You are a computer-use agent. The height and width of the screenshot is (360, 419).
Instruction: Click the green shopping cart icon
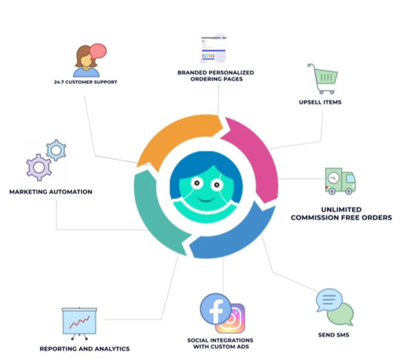[323, 79]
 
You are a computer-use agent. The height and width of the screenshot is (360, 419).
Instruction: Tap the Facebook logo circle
[216, 309]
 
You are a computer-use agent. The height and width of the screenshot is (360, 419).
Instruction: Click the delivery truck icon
[340, 181]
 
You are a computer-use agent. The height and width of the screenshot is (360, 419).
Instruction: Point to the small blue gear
[56, 150]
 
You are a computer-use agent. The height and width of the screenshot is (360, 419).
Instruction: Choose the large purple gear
[39, 168]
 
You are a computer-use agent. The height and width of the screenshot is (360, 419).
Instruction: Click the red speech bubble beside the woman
[98, 51]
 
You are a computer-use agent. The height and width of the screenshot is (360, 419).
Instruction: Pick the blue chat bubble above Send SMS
[329, 300]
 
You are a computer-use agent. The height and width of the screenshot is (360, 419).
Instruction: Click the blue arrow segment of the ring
[235, 235]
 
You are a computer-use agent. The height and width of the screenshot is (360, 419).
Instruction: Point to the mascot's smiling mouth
[206, 199]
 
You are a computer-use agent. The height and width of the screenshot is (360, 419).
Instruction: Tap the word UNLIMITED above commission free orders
[342, 210]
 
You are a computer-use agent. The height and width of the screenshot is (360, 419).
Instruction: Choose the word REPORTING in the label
[56, 349]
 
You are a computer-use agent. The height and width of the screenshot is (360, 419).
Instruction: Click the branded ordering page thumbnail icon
[214, 49]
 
